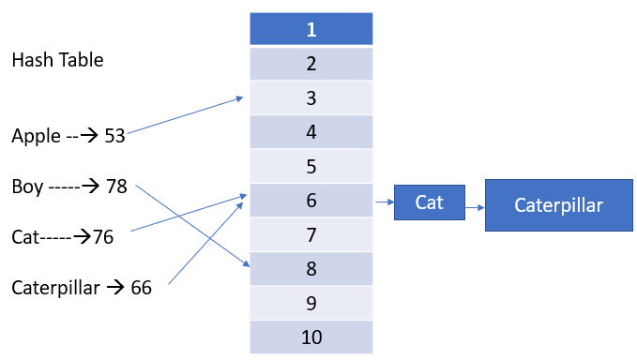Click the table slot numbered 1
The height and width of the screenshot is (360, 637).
311,30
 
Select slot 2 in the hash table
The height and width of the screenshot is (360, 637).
311,64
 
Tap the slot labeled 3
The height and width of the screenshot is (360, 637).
311,97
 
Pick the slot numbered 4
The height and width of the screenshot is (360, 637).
311,132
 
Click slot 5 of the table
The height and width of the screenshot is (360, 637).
311,166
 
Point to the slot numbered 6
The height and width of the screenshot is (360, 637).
311,200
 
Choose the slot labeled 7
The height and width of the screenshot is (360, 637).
311,233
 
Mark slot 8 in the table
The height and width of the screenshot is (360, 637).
311,268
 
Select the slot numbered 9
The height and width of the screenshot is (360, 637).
311,302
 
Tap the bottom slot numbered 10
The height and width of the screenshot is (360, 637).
311,336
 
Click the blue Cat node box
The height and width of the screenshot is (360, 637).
429,202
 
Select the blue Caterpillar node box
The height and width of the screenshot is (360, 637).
558,205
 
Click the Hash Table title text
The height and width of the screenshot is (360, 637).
57,61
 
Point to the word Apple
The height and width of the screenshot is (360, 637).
36,136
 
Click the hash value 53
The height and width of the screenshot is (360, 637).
114,137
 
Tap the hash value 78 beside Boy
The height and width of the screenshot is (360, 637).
116,187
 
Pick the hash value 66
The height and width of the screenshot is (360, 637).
141,288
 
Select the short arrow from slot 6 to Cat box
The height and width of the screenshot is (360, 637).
384,201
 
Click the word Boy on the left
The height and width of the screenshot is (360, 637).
28,187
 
